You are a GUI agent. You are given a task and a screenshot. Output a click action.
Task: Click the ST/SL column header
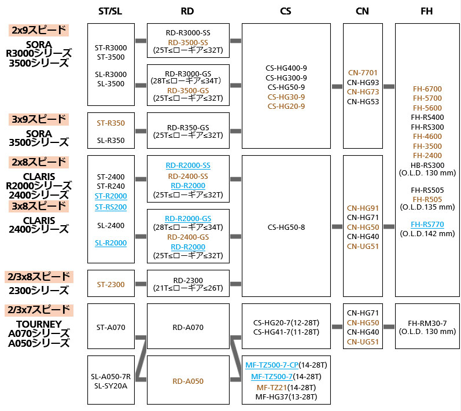[x=110, y=11]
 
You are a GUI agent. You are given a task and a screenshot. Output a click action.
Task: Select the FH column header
[x=426, y=11]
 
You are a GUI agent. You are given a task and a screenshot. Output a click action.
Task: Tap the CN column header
[x=362, y=11]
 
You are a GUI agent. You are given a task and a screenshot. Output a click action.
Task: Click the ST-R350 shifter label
[x=110, y=123]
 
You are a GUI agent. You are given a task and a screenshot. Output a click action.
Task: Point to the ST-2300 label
[x=110, y=284]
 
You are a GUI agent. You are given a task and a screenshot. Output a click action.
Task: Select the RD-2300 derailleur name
[x=188, y=281]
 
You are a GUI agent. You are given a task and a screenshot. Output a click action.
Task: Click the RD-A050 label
[x=188, y=381]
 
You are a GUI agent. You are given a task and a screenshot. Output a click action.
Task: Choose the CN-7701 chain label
[x=363, y=73]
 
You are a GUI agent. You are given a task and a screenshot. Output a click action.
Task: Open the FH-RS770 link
[x=427, y=225]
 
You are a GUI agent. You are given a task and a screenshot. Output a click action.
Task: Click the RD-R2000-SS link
[x=188, y=166]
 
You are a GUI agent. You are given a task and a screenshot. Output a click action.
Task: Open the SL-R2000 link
[x=110, y=244]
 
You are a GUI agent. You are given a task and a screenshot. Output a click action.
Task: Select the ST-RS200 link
[x=110, y=207]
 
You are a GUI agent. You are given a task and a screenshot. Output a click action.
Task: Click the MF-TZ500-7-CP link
[x=271, y=366]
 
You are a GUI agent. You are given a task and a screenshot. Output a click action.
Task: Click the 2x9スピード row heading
[x=38, y=30]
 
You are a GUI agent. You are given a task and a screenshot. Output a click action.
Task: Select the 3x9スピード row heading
[x=38, y=119]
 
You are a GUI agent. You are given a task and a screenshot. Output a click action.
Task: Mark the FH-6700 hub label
[x=427, y=89]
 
